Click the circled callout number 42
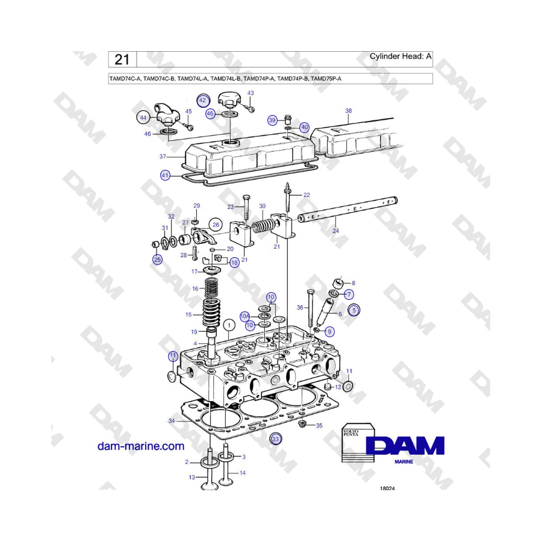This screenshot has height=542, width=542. coord(202,101)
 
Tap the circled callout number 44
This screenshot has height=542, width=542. coord(143,117)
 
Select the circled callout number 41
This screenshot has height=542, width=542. coord(165,175)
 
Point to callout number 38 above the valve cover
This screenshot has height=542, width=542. coord(349,111)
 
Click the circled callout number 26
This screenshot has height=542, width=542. coord(216,225)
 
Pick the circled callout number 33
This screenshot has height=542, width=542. coord(275,439)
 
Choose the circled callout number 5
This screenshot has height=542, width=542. coord(354,310)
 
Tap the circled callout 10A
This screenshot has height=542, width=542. coord(245,316)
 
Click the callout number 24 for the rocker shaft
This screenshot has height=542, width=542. coord(335,231)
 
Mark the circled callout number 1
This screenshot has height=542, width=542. coord(229,325)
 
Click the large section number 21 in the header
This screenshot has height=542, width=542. coord(122,60)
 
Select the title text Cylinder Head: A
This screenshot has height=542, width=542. coord(400,56)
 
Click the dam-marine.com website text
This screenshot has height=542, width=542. coord(141,446)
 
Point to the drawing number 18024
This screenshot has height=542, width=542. coord(387,488)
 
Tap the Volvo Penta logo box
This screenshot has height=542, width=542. coord(358,443)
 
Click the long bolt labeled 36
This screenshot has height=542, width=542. coord(310,308)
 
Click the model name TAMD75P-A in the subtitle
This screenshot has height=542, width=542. coord(326,78)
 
